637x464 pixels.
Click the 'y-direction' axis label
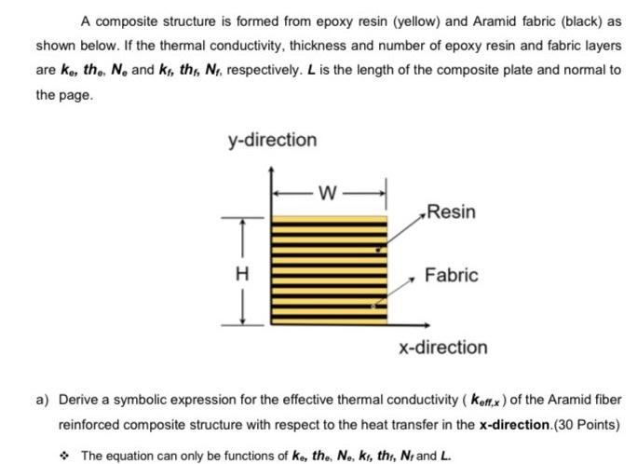272,140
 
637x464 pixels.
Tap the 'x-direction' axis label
442,347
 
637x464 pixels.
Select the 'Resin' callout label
451,212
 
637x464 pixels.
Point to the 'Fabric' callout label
452,275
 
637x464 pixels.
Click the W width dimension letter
328,194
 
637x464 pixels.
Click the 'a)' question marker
43,400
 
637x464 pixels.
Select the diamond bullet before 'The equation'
66,455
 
